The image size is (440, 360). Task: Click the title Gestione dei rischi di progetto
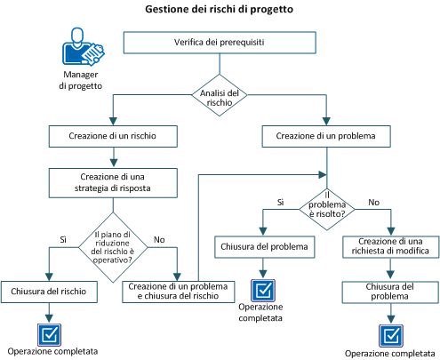coord(219,10)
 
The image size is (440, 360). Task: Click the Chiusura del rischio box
coord(47,291)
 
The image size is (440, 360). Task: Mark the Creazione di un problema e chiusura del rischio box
coord(180,291)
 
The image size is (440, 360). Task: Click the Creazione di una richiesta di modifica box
coord(388,246)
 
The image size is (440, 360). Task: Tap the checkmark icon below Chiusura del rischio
coord(47,333)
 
